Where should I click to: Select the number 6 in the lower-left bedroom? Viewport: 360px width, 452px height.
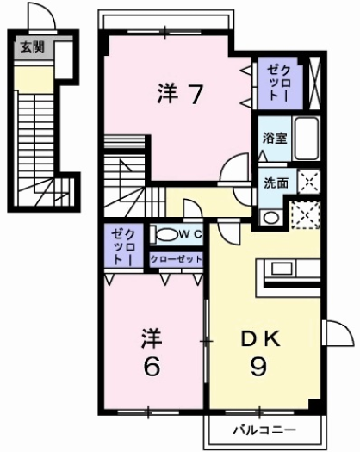152,367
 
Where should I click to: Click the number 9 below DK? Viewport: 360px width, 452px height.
258,367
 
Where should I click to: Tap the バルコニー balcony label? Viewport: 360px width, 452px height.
264,429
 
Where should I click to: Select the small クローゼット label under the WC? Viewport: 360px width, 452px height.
177,259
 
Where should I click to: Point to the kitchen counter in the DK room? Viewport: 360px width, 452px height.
289,276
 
